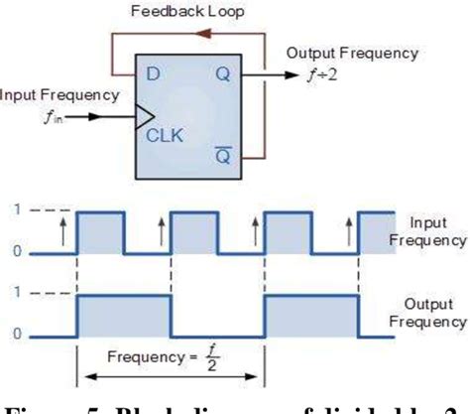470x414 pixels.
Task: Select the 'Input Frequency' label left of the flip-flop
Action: (x=59, y=95)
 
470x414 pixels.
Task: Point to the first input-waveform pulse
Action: (x=101, y=232)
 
